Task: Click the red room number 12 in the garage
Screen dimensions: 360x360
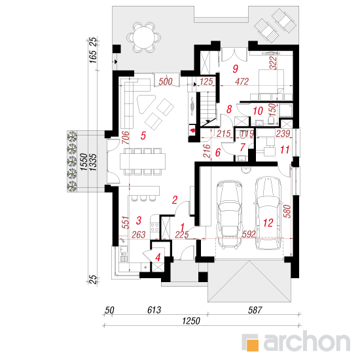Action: click(268, 223)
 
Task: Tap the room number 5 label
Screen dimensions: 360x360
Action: click(143, 135)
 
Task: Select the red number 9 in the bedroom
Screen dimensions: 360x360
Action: click(236, 69)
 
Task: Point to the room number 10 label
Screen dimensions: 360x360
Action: click(258, 111)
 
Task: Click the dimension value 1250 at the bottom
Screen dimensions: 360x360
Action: click(191, 321)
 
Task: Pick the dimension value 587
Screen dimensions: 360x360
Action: click(255, 310)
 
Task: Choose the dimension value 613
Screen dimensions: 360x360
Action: click(154, 310)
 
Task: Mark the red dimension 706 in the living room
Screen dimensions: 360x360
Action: click(126, 137)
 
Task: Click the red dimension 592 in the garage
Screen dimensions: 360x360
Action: click(249, 234)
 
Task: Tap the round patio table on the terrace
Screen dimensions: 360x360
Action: click(143, 37)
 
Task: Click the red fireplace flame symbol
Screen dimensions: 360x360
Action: click(192, 131)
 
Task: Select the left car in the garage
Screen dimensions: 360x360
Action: click(229, 215)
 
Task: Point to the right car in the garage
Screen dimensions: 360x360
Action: click(268, 213)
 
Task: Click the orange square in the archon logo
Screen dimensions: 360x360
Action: click(253, 345)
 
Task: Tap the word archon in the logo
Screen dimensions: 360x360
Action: click(306, 342)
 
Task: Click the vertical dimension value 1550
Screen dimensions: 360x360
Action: click(84, 162)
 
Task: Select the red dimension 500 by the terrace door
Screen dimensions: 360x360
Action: click(166, 82)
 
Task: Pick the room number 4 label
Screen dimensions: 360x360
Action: click(158, 257)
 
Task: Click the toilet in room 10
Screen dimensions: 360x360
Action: click(271, 119)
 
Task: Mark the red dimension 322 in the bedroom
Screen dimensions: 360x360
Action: click(273, 63)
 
